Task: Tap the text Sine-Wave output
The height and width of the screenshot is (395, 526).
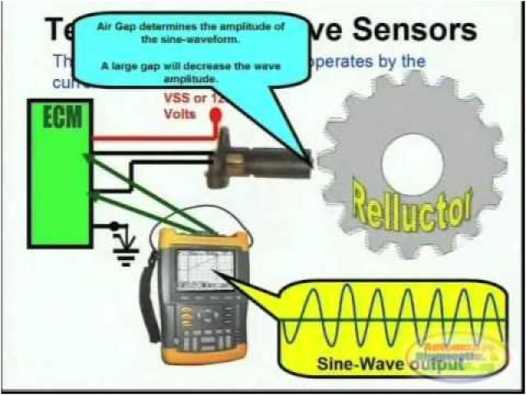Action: [x=386, y=363]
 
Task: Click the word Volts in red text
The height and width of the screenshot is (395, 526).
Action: [x=178, y=115]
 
